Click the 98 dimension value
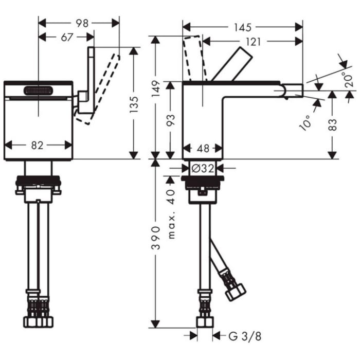click(x=82, y=23)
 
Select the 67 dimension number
click(x=67, y=37)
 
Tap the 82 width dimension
click(x=37, y=145)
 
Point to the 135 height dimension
click(x=134, y=104)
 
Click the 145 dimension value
click(x=243, y=28)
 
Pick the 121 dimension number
click(x=254, y=42)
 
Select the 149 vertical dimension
click(x=156, y=88)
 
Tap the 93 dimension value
click(x=171, y=120)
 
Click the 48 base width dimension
click(x=203, y=148)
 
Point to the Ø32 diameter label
click(x=203, y=169)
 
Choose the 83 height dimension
click(x=333, y=124)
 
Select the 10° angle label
click(x=306, y=123)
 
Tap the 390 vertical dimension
click(x=156, y=238)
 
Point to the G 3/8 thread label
click(x=245, y=336)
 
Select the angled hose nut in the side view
click(x=236, y=292)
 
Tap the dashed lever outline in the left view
click(x=98, y=89)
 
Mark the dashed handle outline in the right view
click(x=194, y=58)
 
